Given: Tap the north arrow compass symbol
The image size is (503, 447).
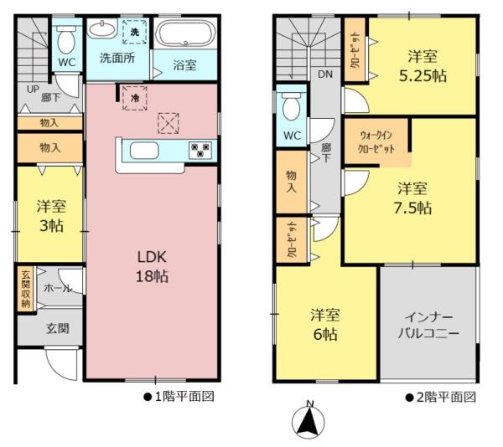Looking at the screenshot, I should (309, 421).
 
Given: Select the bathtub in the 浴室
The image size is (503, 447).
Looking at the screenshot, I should (185, 36).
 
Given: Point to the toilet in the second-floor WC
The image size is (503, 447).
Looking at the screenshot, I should (292, 107).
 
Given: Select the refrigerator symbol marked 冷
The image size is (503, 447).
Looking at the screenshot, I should (134, 96).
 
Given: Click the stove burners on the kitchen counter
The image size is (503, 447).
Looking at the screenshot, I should (200, 151).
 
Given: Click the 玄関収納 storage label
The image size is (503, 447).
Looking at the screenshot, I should (25, 290).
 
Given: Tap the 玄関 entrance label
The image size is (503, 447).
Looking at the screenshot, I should (57, 328).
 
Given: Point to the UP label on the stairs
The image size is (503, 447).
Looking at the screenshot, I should (33, 89).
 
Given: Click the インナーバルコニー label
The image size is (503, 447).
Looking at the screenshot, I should (428, 326).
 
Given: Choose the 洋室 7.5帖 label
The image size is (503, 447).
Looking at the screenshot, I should (414, 198).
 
